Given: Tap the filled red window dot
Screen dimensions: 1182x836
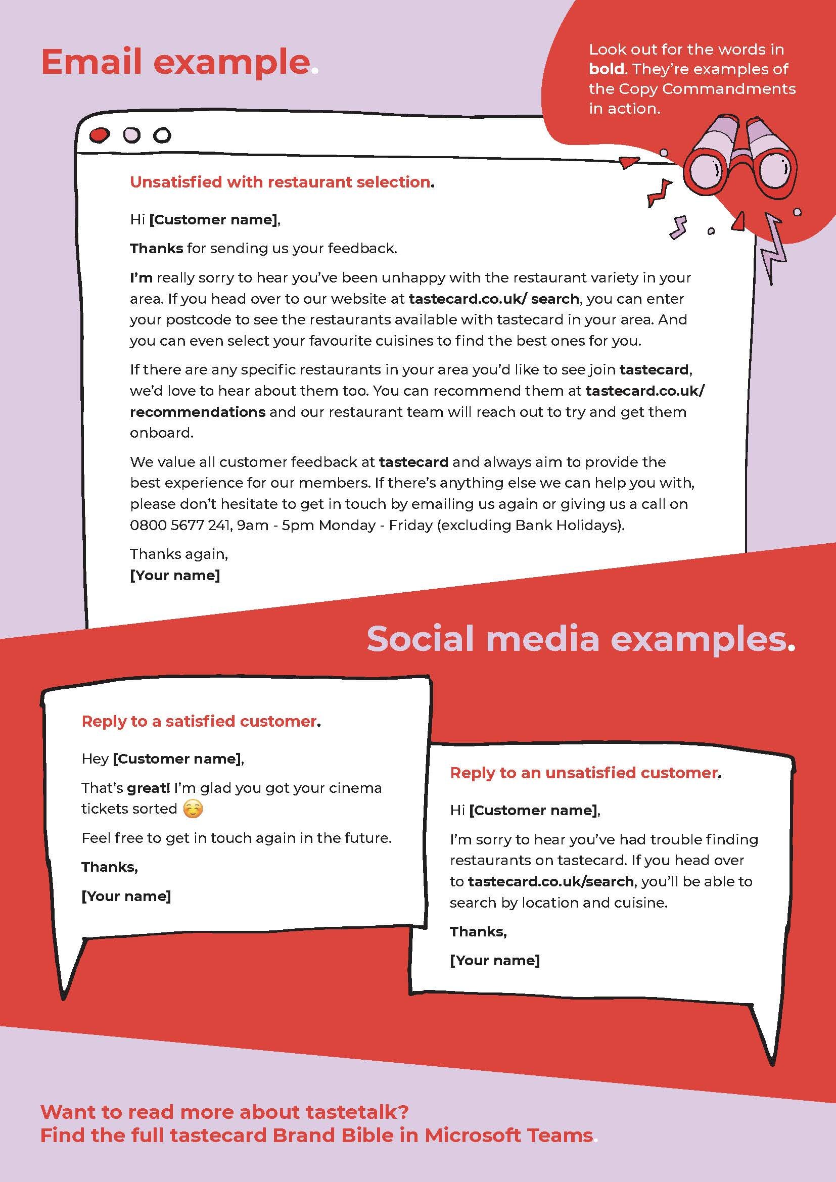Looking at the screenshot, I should coord(100,135).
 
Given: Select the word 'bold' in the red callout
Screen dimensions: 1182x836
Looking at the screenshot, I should coord(606,69).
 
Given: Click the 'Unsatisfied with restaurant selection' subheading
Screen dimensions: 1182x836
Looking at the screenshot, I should coord(281,182).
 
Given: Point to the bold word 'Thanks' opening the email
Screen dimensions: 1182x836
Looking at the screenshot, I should coord(156,249).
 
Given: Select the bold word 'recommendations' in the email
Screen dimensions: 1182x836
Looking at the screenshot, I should coord(198,412).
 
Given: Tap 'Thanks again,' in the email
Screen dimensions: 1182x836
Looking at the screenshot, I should coord(178,554).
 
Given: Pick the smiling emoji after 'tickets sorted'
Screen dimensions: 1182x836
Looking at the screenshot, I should coord(193,809).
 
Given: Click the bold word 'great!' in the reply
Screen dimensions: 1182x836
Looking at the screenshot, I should coord(148,788).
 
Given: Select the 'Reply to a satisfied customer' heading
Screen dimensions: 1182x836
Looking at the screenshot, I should coord(200,721).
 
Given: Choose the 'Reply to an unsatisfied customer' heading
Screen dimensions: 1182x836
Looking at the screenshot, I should coord(584,773).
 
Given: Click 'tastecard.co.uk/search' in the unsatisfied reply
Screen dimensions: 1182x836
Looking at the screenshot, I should coord(550,881).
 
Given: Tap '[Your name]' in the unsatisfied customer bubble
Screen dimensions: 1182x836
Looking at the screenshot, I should coord(495,960).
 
